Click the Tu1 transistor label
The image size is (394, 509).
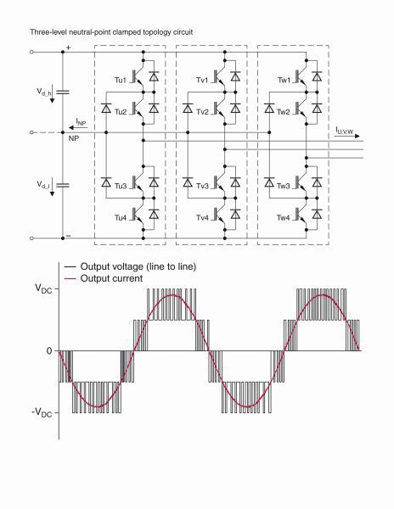(x=121, y=80)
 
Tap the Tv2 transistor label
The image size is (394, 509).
(x=202, y=112)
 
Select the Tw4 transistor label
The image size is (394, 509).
(x=284, y=217)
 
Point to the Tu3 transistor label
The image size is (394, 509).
(x=121, y=186)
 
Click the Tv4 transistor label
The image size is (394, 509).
(x=202, y=217)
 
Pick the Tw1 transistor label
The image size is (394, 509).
(x=284, y=80)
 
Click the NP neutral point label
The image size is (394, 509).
(x=74, y=138)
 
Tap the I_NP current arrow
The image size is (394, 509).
(x=78, y=127)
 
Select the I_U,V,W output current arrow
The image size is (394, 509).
(x=347, y=136)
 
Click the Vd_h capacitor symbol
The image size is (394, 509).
(x=63, y=92)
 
